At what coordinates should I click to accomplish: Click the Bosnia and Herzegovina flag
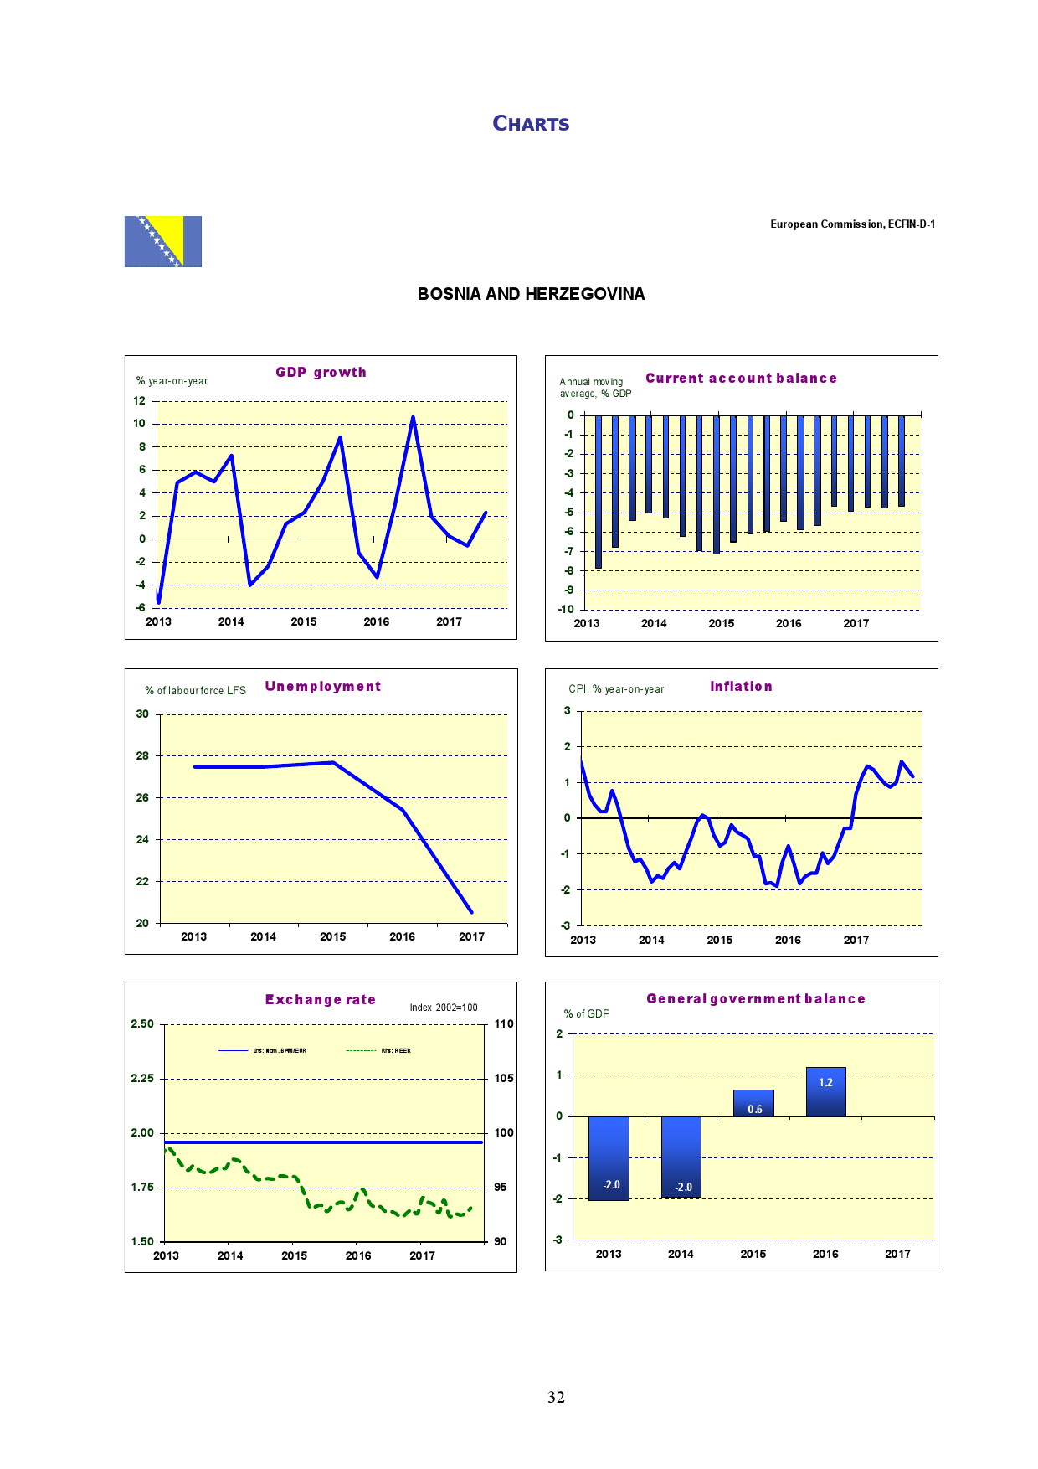pyautogui.click(x=163, y=241)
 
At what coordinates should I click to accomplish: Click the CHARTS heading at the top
pyautogui.click(x=531, y=124)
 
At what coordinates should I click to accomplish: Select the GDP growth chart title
pyautogui.click(x=321, y=372)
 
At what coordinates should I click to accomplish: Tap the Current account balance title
pyautogui.click(x=741, y=379)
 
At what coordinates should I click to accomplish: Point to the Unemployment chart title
pyautogui.click(x=322, y=687)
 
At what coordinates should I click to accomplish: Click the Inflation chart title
pyautogui.click(x=741, y=687)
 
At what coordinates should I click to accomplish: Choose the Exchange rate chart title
pyautogui.click(x=320, y=1000)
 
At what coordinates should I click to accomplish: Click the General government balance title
pyautogui.click(x=755, y=999)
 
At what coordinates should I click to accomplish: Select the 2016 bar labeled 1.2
pyautogui.click(x=825, y=1091)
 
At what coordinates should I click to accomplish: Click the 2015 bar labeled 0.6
pyautogui.click(x=753, y=1103)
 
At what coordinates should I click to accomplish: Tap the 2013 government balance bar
pyautogui.click(x=609, y=1158)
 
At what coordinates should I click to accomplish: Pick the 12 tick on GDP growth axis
pyautogui.click(x=139, y=401)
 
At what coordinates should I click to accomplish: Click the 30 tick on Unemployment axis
pyautogui.click(x=142, y=714)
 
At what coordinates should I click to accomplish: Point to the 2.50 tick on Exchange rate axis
pyautogui.click(x=142, y=1024)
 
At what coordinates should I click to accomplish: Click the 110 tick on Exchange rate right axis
pyautogui.click(x=504, y=1024)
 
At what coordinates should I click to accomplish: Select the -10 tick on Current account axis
pyautogui.click(x=566, y=610)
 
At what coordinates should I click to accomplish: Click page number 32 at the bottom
pyautogui.click(x=556, y=1397)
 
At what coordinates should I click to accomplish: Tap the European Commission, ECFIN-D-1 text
pyautogui.click(x=852, y=224)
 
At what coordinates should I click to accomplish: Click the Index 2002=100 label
pyautogui.click(x=444, y=1008)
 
